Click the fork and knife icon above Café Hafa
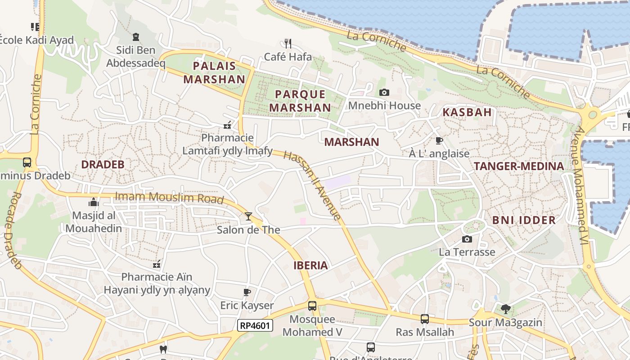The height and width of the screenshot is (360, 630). point(288,43)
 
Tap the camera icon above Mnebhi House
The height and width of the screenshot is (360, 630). point(384,92)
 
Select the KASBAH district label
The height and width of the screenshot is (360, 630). point(467,112)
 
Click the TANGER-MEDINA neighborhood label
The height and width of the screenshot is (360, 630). point(519,166)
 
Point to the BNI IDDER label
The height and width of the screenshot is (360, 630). point(524,220)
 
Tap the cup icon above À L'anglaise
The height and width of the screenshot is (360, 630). point(439,140)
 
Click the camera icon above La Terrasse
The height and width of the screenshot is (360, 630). point(467,238)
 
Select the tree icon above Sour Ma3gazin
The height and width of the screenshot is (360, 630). point(505,309)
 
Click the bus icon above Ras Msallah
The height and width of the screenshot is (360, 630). point(424,319)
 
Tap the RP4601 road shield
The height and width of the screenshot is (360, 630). point(255,325)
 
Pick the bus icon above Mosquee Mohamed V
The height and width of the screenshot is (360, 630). point(312,306)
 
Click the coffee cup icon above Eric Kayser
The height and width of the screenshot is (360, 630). point(247,292)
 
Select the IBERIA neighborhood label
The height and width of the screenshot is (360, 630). point(310,265)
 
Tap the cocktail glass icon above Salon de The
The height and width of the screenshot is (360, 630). point(248,216)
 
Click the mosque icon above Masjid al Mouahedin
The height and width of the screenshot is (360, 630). point(94,202)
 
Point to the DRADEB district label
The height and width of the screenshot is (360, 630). point(103,165)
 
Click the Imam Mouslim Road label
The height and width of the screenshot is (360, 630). point(169,197)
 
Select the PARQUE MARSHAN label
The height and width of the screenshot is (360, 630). point(300,101)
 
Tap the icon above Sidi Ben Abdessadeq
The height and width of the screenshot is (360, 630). point(135,36)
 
